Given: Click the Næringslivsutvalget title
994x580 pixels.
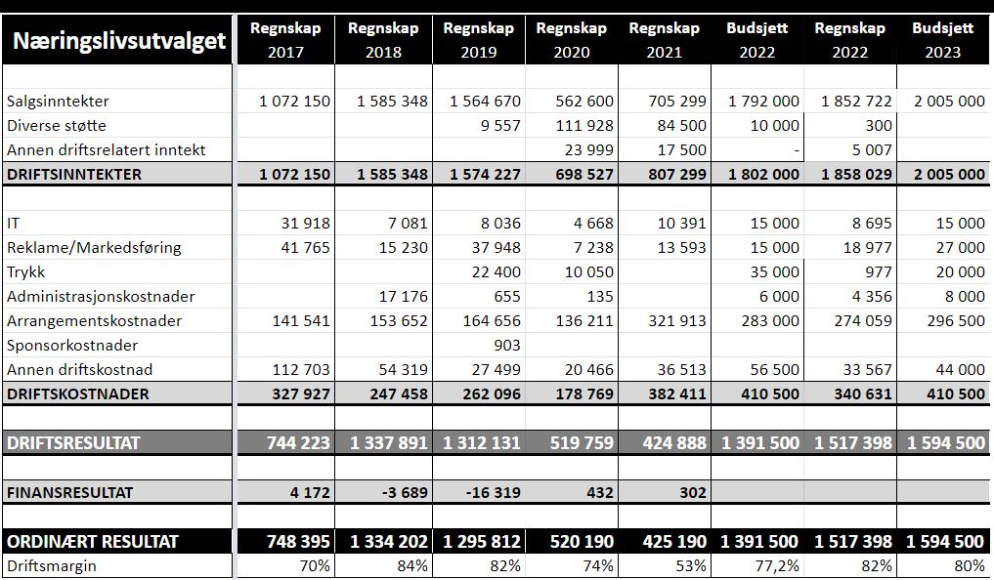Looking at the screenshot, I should click(x=119, y=41).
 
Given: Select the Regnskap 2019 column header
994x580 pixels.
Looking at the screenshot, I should click(x=478, y=40).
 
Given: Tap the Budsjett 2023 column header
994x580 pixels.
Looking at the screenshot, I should click(x=943, y=40).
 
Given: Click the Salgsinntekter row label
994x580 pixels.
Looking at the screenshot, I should click(x=58, y=102).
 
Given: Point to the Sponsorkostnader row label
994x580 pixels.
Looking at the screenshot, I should click(x=72, y=346).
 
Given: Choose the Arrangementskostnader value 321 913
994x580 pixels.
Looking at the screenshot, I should click(x=673, y=321).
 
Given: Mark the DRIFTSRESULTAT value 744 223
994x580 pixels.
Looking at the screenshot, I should click(x=298, y=443).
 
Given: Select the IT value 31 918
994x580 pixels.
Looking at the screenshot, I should click(x=304, y=224).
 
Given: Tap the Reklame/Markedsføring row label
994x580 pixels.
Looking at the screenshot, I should click(x=94, y=248).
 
